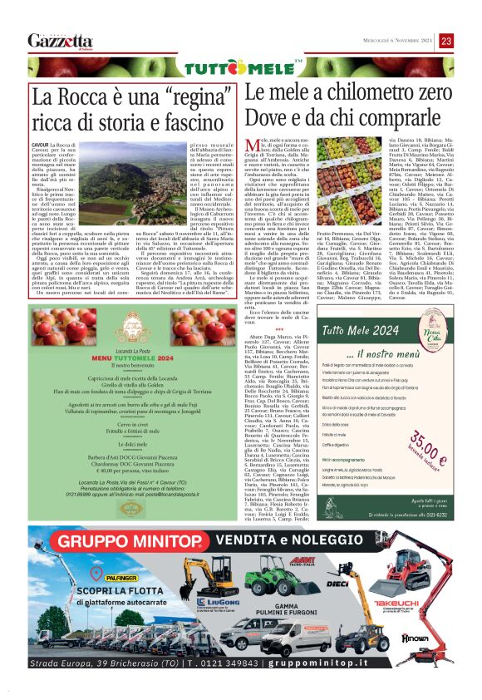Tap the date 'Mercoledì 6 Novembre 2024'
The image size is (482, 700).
point(391,41)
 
